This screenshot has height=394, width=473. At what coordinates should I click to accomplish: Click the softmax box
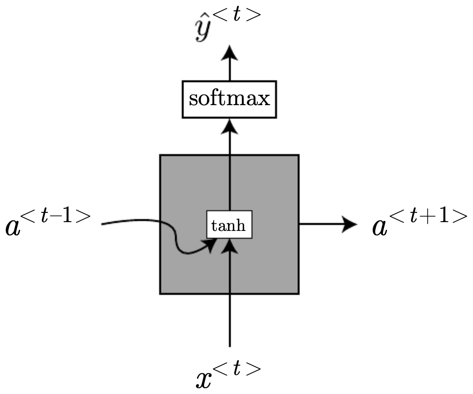(229, 99)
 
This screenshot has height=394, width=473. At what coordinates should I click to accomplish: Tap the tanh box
(229, 225)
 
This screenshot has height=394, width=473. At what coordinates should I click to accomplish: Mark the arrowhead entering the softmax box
(229, 126)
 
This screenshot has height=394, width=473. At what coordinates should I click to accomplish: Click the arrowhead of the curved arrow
(209, 247)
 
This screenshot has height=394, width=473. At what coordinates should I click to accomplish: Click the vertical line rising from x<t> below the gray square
(229, 320)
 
